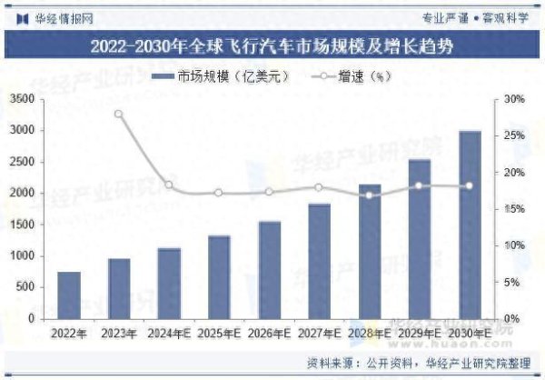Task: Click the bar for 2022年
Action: tap(69, 295)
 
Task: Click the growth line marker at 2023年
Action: tap(119, 114)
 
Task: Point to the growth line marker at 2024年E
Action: tap(169, 185)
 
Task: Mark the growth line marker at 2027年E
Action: tap(319, 187)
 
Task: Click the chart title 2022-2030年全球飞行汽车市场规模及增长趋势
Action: tap(272, 45)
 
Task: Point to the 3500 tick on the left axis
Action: tap(24, 99)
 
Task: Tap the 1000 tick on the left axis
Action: tap(24, 256)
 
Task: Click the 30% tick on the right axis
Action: tap(514, 99)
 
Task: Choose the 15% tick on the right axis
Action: tap(514, 209)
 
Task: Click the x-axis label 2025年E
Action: tap(219, 334)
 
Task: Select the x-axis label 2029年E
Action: tap(420, 334)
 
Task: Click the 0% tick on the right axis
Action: tap(511, 319)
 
